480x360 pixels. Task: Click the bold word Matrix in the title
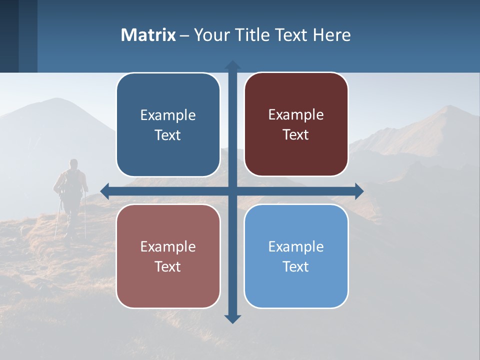[x=148, y=35]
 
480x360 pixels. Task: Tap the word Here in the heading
[x=332, y=35]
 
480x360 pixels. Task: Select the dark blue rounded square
[x=168, y=124]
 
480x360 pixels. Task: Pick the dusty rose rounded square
[x=168, y=256]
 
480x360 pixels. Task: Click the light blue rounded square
[x=296, y=256]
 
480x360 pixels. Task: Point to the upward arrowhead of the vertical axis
[x=232, y=65]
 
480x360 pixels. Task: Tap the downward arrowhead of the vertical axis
[x=232, y=318]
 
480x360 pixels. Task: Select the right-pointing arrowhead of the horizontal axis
[x=358, y=191]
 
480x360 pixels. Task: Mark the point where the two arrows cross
[x=232, y=191]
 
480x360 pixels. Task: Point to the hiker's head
[x=73, y=163]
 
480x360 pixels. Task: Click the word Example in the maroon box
[x=296, y=114]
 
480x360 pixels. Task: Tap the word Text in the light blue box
[x=296, y=266]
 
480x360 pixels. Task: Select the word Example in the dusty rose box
[x=168, y=246]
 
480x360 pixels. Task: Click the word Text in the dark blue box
[x=168, y=135]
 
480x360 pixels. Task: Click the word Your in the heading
[x=210, y=35]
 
